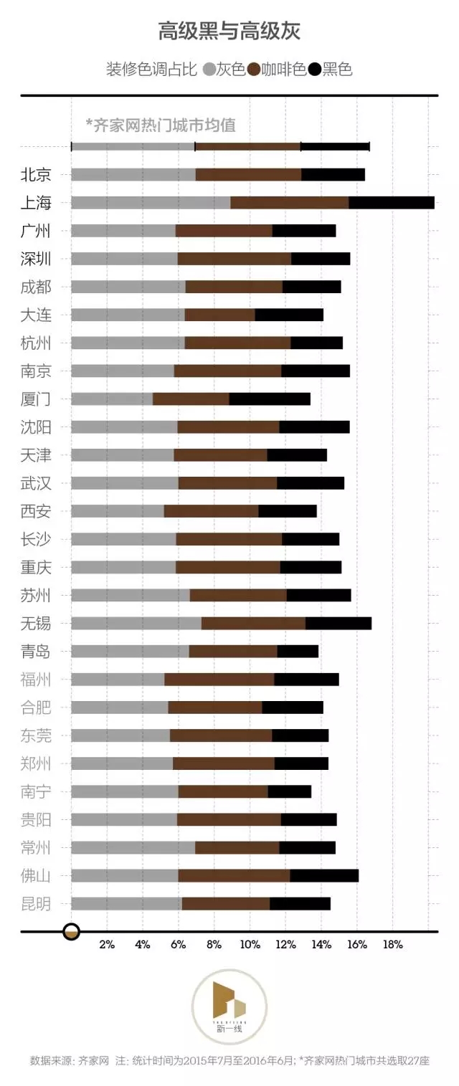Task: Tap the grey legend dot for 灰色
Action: (x=209, y=70)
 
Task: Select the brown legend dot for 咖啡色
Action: (x=254, y=70)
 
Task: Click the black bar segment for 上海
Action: (x=392, y=202)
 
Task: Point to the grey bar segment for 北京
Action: (x=133, y=174)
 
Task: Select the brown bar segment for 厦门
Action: (x=191, y=399)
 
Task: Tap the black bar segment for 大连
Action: (x=289, y=315)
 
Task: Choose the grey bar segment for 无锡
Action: (x=136, y=623)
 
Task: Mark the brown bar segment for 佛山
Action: (x=234, y=875)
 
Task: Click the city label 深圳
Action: (x=36, y=259)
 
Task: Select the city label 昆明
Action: (x=36, y=903)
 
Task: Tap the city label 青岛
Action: (x=36, y=651)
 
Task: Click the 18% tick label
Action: (x=393, y=945)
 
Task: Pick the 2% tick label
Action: (x=107, y=945)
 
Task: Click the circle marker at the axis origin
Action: (x=71, y=932)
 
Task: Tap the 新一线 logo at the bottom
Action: (x=229, y=1006)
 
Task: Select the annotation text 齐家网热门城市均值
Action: (x=161, y=125)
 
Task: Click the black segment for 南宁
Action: (x=290, y=791)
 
